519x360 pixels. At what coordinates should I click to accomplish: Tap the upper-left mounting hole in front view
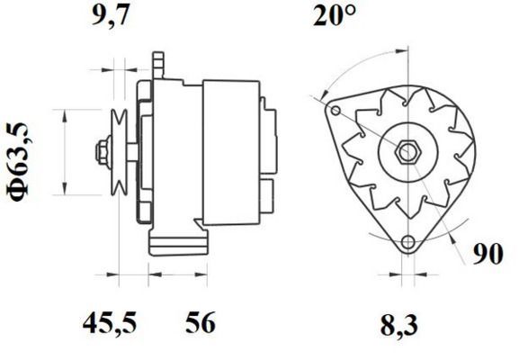pos(336,112)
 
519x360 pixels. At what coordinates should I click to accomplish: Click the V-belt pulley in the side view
pos(120,150)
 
